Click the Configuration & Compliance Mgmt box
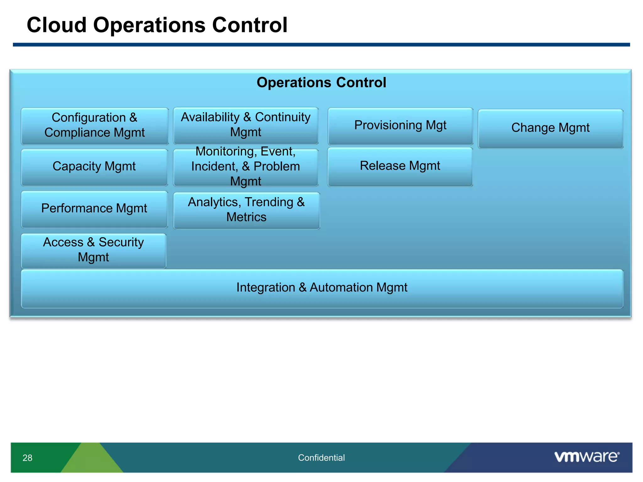(94, 126)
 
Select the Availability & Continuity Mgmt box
(246, 125)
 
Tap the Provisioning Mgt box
(400, 126)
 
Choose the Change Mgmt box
(550, 128)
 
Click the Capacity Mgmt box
(94, 167)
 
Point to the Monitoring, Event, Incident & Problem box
(246, 167)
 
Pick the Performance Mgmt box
(94, 209)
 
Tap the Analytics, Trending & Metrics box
(246, 210)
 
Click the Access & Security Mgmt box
(93, 250)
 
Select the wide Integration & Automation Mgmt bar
(321, 288)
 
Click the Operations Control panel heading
(321, 83)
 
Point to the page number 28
(27, 458)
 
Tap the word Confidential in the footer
(321, 458)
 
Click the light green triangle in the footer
(91, 460)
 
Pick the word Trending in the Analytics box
(269, 202)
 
